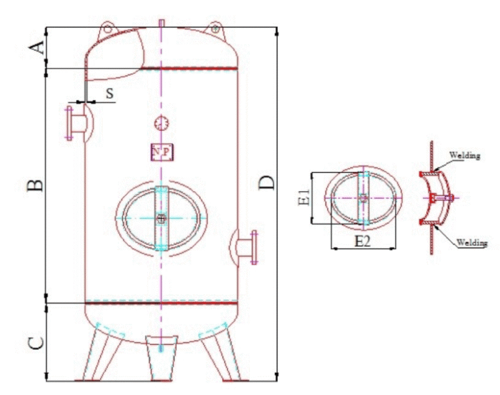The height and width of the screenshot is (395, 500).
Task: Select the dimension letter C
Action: (x=36, y=343)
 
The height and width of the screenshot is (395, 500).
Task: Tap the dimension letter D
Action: (x=266, y=182)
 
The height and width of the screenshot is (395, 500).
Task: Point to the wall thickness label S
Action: (x=110, y=93)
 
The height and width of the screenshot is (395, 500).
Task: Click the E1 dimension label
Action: (x=304, y=197)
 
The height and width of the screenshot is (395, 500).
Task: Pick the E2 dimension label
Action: (x=363, y=242)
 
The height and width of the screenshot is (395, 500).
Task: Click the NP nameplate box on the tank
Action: (x=162, y=152)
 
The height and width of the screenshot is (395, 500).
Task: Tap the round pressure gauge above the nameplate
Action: (x=161, y=123)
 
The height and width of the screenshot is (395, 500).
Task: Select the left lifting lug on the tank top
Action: (x=107, y=29)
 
